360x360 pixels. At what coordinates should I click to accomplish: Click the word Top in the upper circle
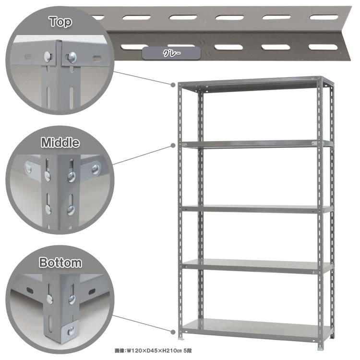[x=60, y=22]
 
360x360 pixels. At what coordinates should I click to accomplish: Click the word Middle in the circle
[x=60, y=143]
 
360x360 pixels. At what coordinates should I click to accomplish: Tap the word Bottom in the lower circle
[x=60, y=263]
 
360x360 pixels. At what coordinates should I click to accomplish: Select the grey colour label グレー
[x=171, y=53]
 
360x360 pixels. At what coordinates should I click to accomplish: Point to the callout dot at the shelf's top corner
[x=173, y=85]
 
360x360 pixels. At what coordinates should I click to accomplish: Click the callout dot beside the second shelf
[x=173, y=145]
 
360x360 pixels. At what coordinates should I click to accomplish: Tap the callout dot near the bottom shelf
[x=173, y=332]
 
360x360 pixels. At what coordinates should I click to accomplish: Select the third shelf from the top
[x=257, y=209]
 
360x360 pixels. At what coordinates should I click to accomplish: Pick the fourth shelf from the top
[x=257, y=266]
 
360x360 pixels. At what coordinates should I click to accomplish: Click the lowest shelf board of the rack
[x=257, y=328]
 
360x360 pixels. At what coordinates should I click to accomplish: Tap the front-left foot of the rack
[x=181, y=338]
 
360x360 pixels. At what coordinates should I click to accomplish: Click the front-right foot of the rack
[x=320, y=348]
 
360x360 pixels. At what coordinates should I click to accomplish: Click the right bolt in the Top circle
[x=72, y=57]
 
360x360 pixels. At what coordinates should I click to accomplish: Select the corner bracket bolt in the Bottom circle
[x=71, y=330]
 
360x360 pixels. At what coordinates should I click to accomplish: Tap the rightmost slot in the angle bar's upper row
[x=324, y=17]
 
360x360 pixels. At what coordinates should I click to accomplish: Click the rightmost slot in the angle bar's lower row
[x=323, y=47]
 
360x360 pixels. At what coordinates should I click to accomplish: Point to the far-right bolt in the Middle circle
[x=96, y=169]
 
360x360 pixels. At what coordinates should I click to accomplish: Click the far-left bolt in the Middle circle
[x=28, y=169]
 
